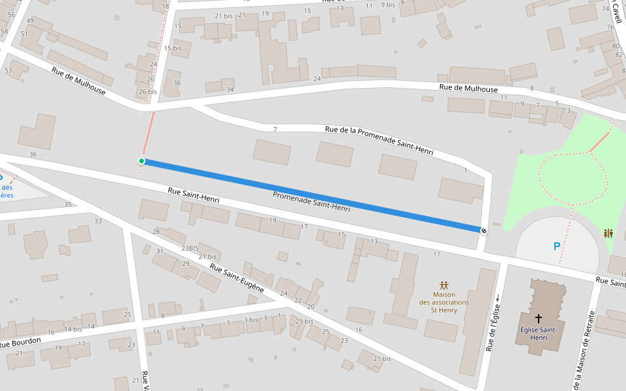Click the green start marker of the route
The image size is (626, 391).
pyautogui.click(x=141, y=161)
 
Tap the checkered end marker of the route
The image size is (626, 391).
pyautogui.click(x=483, y=230)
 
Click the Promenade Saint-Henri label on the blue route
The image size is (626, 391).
pyautogui.click(x=311, y=201)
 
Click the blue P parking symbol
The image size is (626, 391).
pyautogui.click(x=556, y=246)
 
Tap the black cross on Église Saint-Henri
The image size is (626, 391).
pyautogui.click(x=539, y=319)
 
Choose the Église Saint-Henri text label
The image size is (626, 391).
pyautogui.click(x=539, y=334)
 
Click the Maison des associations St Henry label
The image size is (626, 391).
pyautogui.click(x=443, y=302)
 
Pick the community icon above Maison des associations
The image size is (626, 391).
pyautogui.click(x=444, y=285)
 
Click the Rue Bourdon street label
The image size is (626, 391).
pyautogui.click(x=20, y=341)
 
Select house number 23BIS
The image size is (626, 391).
pyautogui.click(x=190, y=248)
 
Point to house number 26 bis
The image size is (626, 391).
pyautogui.click(x=148, y=92)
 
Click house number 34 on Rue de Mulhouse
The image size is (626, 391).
pyautogui.click(x=230, y=89)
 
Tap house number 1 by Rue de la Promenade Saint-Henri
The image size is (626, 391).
pyautogui.click(x=466, y=171)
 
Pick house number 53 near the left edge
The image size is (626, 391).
pyautogui.click(x=8, y=70)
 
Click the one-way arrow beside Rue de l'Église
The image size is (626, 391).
pyautogui.click(x=498, y=298)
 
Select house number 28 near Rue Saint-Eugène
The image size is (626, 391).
pyautogui.click(x=156, y=232)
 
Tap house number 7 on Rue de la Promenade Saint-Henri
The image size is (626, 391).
pyautogui.click(x=275, y=129)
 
